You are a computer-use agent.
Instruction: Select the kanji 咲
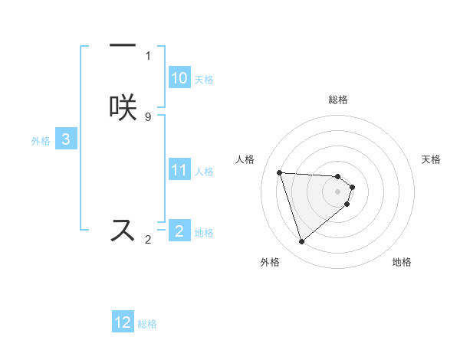[123, 108]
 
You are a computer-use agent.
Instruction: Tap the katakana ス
[123, 230]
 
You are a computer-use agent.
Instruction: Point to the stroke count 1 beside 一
[148, 55]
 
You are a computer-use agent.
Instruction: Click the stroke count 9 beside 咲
[148, 116]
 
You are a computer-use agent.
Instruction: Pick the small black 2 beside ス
[148, 240]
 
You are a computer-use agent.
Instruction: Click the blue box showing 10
[179, 78]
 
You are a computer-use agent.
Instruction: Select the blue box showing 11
[179, 170]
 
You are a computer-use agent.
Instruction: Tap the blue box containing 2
[179, 231]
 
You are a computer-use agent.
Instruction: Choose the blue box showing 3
[66, 139]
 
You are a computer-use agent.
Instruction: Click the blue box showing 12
[123, 322]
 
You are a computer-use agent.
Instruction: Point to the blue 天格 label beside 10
[204, 80]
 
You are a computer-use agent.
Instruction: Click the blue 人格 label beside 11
[204, 172]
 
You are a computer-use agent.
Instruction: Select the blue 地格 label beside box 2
[204, 233]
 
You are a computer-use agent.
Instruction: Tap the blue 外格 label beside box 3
[41, 141]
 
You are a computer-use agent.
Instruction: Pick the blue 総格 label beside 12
[147, 324]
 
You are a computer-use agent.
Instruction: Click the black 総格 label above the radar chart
[338, 100]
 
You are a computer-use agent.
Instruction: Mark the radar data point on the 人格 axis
[280, 172]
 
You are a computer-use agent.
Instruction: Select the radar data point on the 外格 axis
[301, 242]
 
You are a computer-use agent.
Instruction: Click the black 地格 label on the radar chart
[402, 262]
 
